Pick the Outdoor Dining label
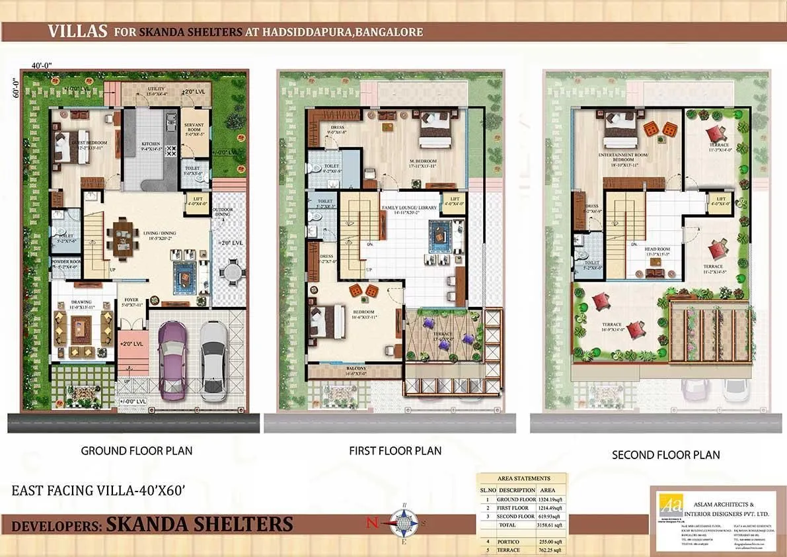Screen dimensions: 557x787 (223, 212)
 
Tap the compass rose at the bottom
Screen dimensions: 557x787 (402, 523)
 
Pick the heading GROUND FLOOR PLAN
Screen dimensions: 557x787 (137, 450)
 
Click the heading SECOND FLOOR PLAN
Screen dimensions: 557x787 (665, 454)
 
